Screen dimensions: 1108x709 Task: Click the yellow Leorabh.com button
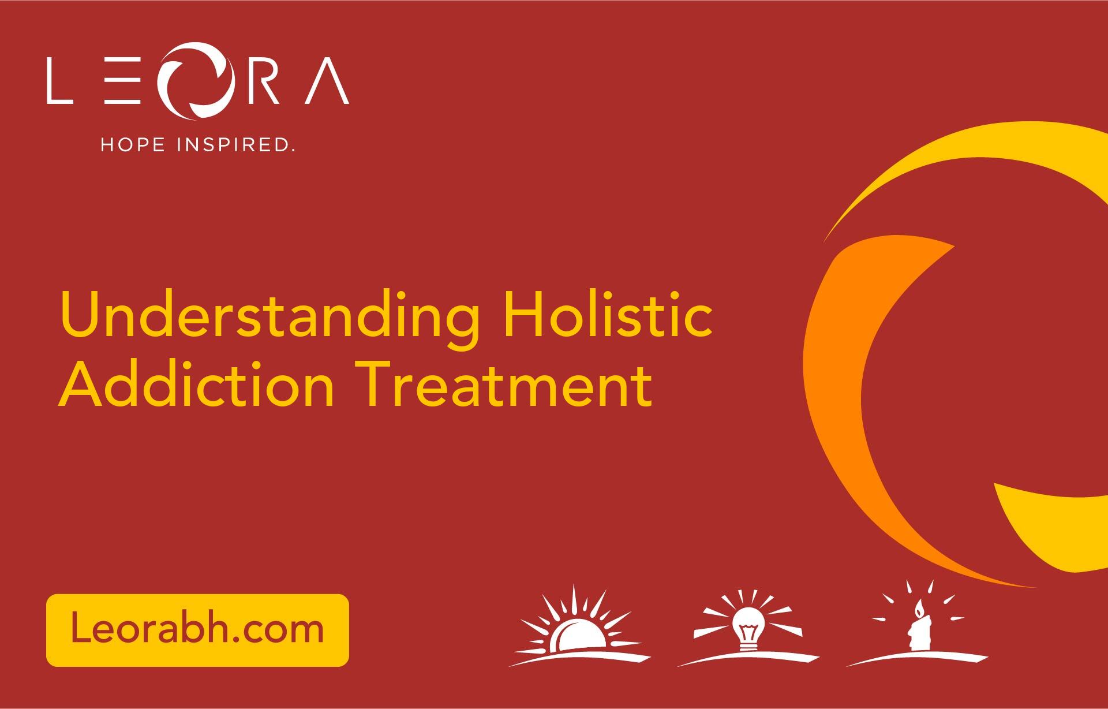pyautogui.click(x=197, y=630)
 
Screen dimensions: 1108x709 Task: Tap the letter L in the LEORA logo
pyautogui.click(x=59, y=80)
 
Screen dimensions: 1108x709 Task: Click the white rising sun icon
pyautogui.click(x=579, y=627)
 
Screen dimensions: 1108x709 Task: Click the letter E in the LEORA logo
pyautogui.click(x=123, y=80)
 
